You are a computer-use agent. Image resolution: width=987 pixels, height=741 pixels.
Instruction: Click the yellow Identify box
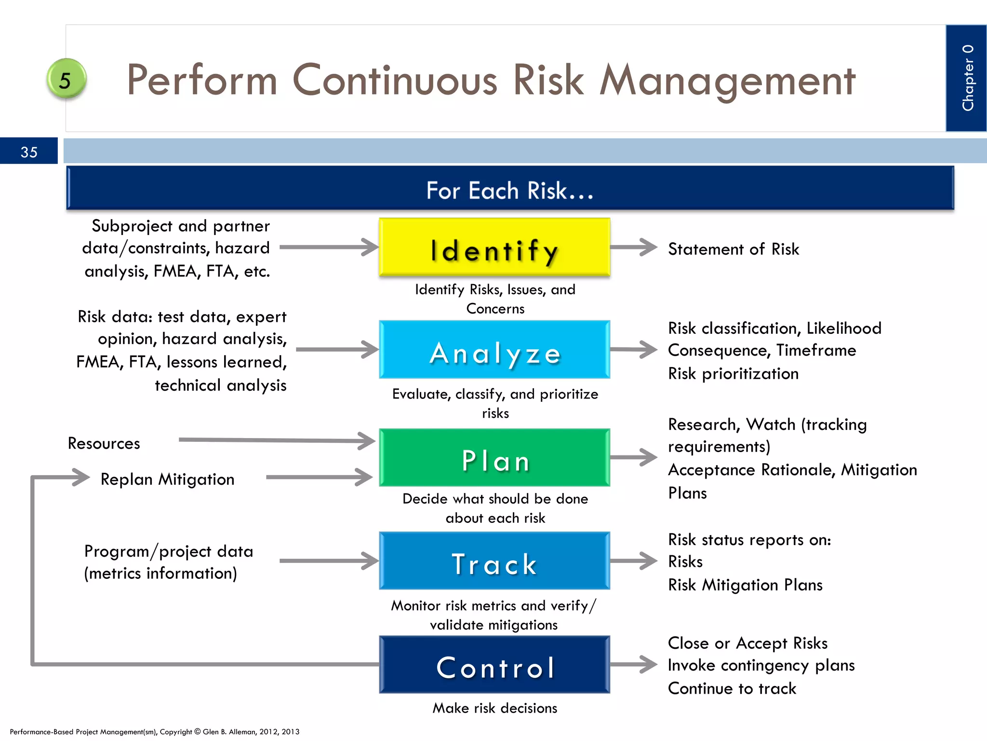pyautogui.click(x=494, y=247)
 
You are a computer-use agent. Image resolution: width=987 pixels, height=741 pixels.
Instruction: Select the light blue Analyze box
pyautogui.click(x=494, y=350)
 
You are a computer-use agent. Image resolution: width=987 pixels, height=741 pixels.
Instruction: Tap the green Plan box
pyautogui.click(x=494, y=457)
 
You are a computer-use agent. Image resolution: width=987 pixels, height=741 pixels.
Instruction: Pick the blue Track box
pyautogui.click(x=494, y=561)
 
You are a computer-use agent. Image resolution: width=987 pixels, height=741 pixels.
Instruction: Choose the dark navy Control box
pyautogui.click(x=494, y=665)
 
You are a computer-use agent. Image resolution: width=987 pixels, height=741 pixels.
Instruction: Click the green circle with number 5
pyautogui.click(x=66, y=79)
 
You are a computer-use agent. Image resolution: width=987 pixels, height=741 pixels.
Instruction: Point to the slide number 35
pyautogui.click(x=29, y=152)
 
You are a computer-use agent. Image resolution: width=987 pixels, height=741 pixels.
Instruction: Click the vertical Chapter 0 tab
pyautogui.click(x=966, y=78)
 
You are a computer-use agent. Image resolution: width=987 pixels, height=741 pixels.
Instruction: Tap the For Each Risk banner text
pyautogui.click(x=510, y=190)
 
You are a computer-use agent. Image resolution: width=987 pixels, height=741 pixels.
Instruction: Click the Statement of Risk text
pyautogui.click(x=733, y=249)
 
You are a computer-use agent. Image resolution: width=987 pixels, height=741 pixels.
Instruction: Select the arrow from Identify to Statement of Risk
pyautogui.click(x=633, y=247)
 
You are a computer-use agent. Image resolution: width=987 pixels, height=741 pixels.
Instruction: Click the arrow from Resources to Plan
pyautogui.click(x=277, y=440)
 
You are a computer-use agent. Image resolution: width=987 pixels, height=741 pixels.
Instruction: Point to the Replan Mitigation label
pyautogui.click(x=167, y=479)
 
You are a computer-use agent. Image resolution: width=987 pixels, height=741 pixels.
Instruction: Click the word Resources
pyautogui.click(x=104, y=443)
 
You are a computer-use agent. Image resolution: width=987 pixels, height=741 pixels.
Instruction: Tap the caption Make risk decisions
pyautogui.click(x=494, y=708)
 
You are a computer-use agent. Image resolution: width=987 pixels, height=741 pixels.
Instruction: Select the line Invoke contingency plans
pyautogui.click(x=761, y=665)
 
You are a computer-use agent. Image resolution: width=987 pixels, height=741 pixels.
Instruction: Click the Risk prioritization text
pyautogui.click(x=733, y=373)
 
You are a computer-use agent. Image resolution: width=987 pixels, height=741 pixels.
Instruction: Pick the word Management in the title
pyautogui.click(x=727, y=80)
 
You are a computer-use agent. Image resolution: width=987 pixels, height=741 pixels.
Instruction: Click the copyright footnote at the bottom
pyautogui.click(x=154, y=731)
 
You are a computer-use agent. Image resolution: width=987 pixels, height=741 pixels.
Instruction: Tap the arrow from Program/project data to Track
pyautogui.click(x=329, y=561)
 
